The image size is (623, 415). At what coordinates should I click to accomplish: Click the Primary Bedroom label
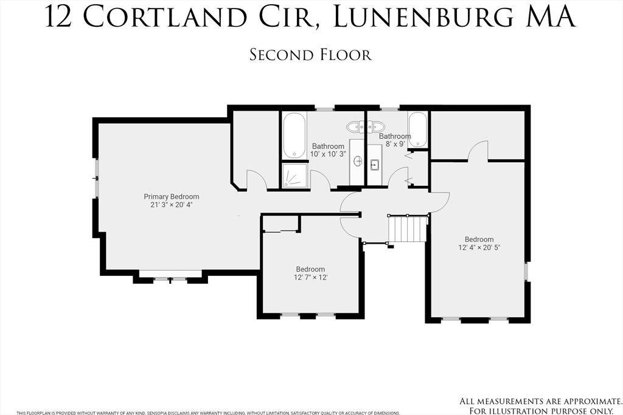point(171,196)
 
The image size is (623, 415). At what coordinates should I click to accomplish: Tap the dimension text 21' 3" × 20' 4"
point(171,205)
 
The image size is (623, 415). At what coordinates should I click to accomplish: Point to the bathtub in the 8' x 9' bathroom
point(418,129)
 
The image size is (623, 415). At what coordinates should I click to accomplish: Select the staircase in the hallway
point(409,229)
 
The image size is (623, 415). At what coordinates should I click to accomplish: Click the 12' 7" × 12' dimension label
point(311,278)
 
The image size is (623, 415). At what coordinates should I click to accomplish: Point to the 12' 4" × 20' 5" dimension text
point(479,247)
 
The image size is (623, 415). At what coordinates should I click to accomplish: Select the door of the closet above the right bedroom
point(479,151)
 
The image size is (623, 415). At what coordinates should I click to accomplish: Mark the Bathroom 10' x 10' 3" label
point(329,150)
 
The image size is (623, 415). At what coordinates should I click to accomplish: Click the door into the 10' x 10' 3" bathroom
point(320,180)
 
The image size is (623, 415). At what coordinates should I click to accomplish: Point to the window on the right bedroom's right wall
point(527,271)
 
